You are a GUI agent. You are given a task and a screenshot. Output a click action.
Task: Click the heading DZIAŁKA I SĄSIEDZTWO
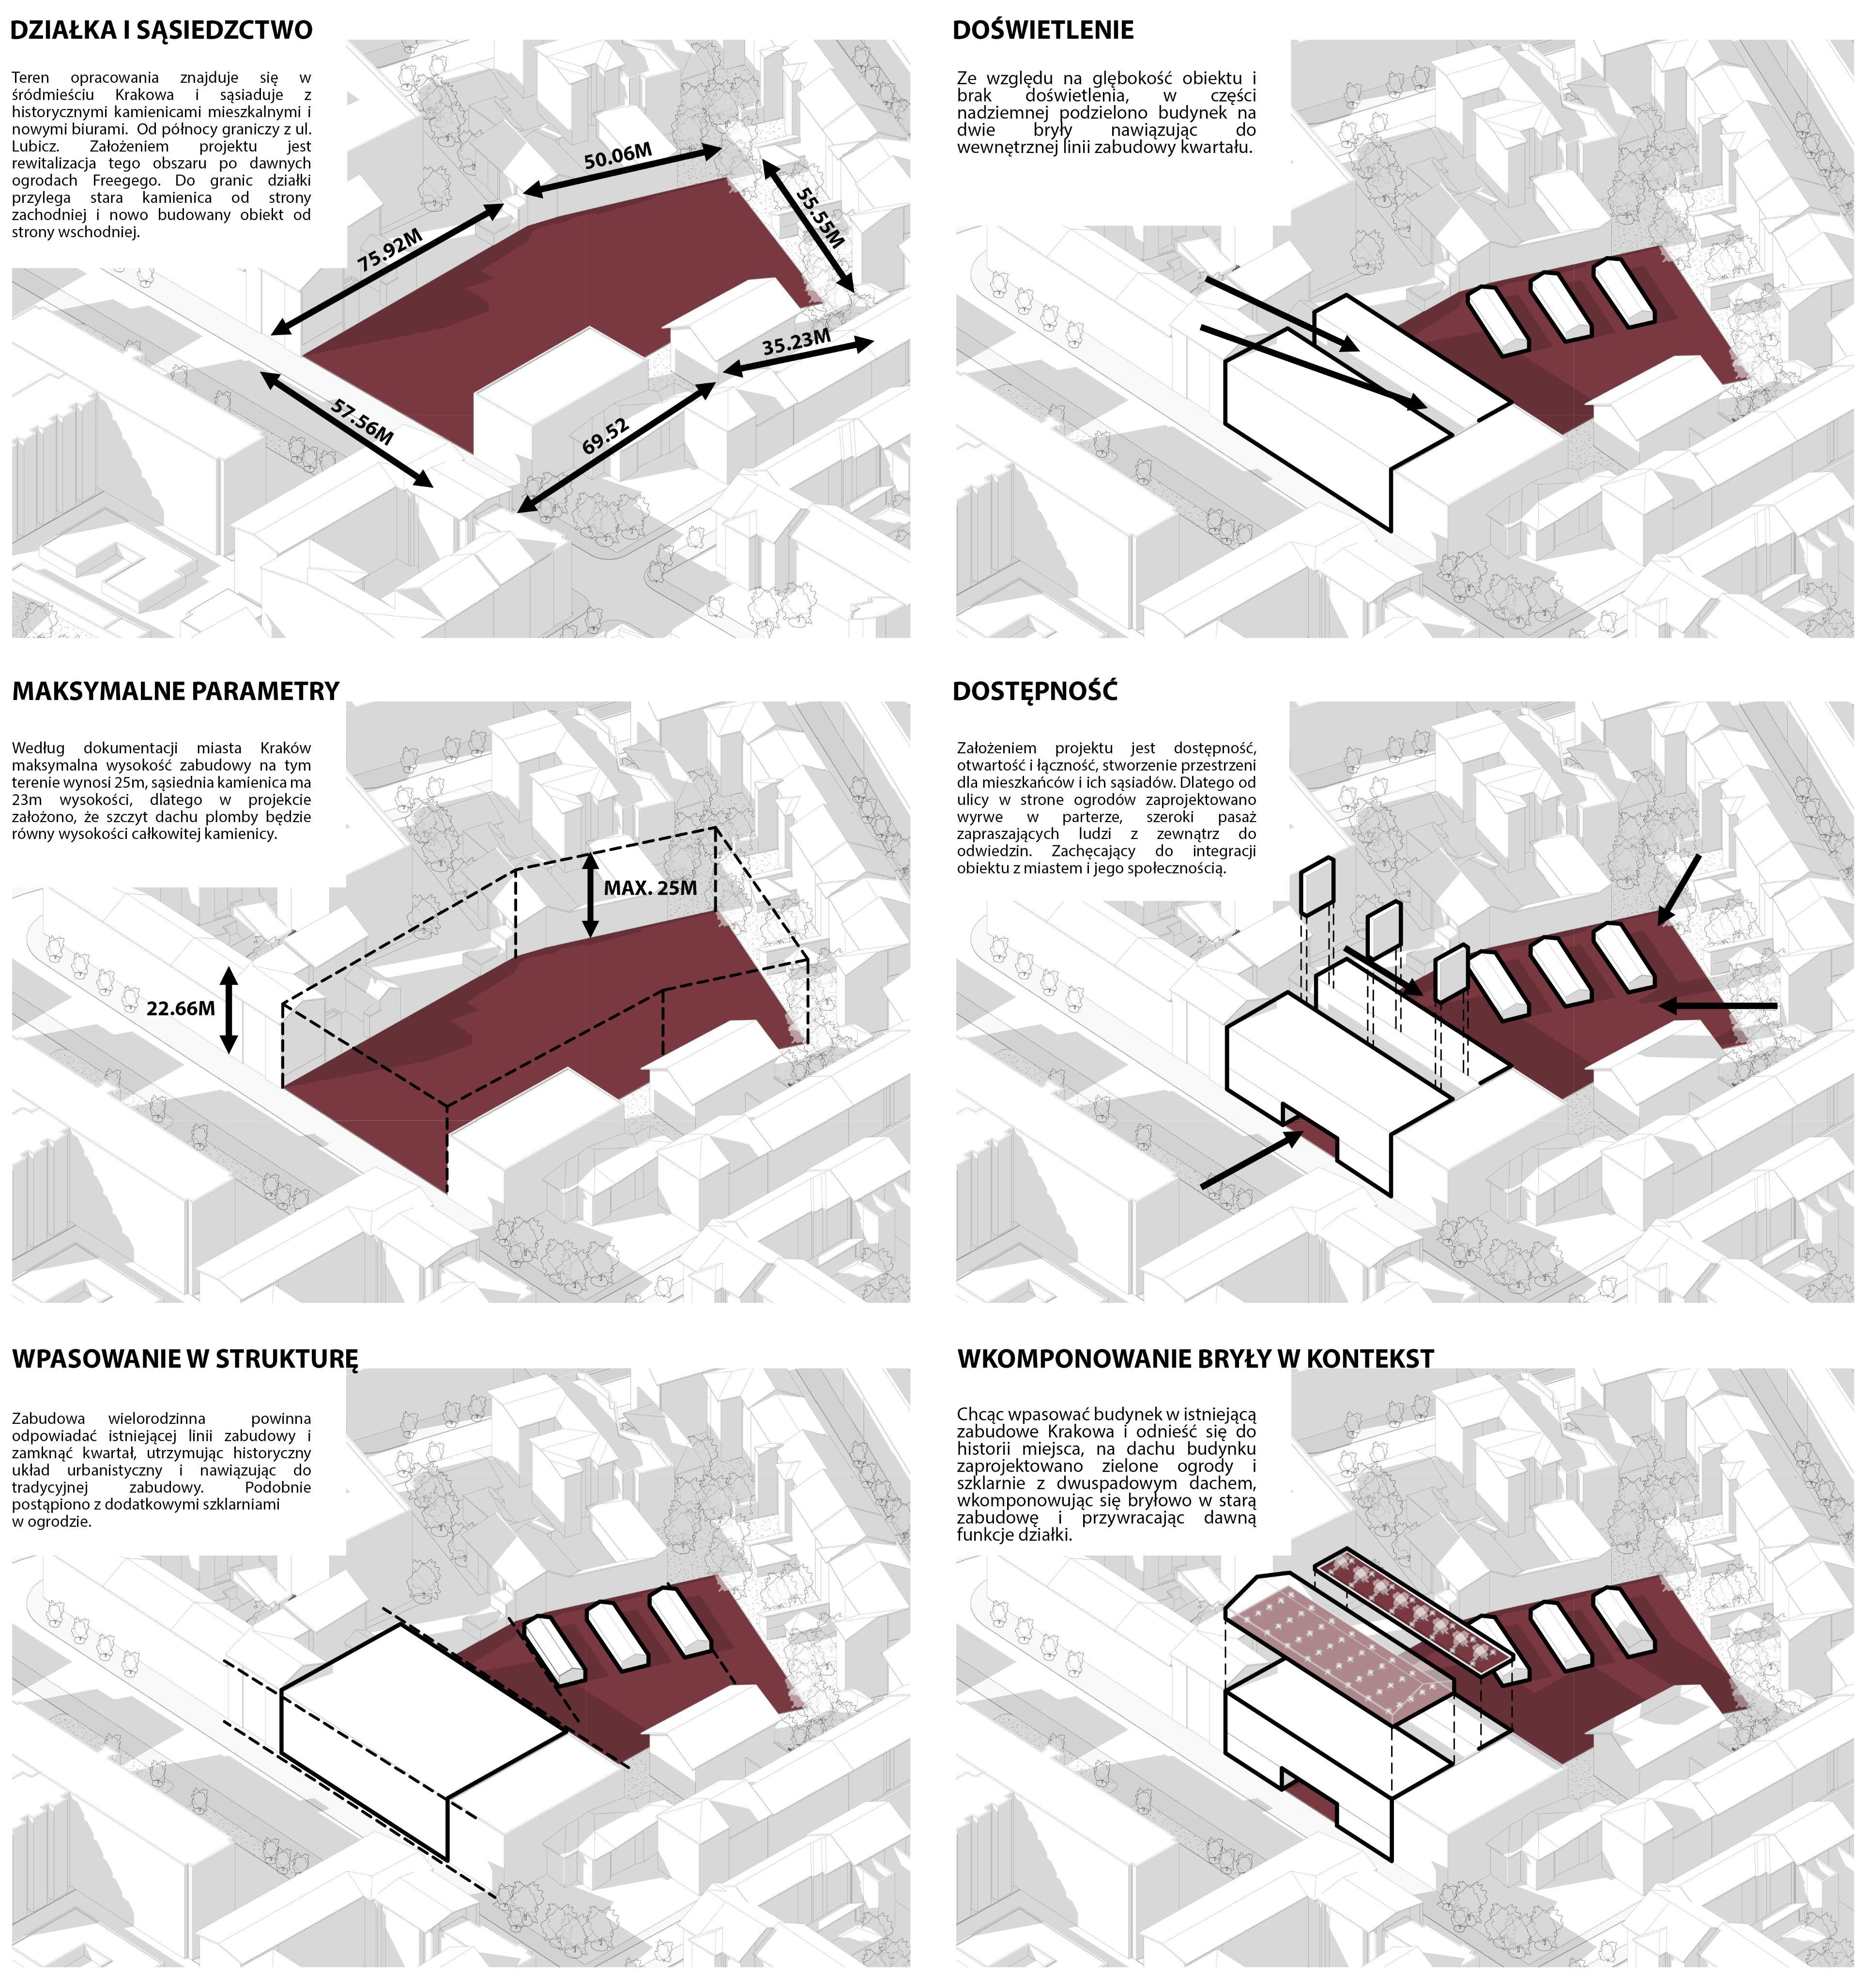click(x=162, y=30)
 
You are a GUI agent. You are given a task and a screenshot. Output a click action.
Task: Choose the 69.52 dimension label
click(x=605, y=437)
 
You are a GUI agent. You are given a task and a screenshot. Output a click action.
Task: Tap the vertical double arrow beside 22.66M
click(x=230, y=1009)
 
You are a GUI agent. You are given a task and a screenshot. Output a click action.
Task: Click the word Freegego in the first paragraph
click(x=128, y=181)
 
